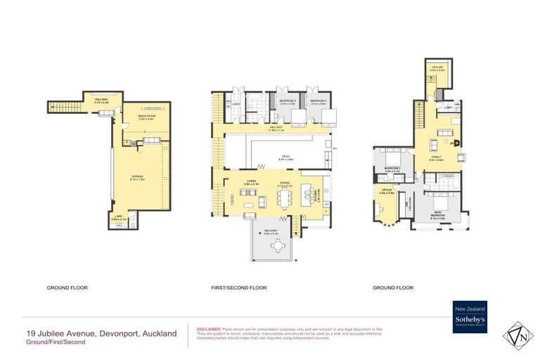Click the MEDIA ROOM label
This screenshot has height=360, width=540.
point(146,118)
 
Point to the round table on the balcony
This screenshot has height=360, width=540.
point(280,245)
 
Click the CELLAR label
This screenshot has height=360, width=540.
point(437,68)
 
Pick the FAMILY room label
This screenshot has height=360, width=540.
point(436,158)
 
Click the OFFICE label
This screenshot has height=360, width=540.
point(387,191)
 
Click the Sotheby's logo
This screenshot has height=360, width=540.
point(470,317)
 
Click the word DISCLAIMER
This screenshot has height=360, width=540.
point(209,328)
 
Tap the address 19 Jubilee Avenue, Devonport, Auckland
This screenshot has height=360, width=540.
point(101,333)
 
